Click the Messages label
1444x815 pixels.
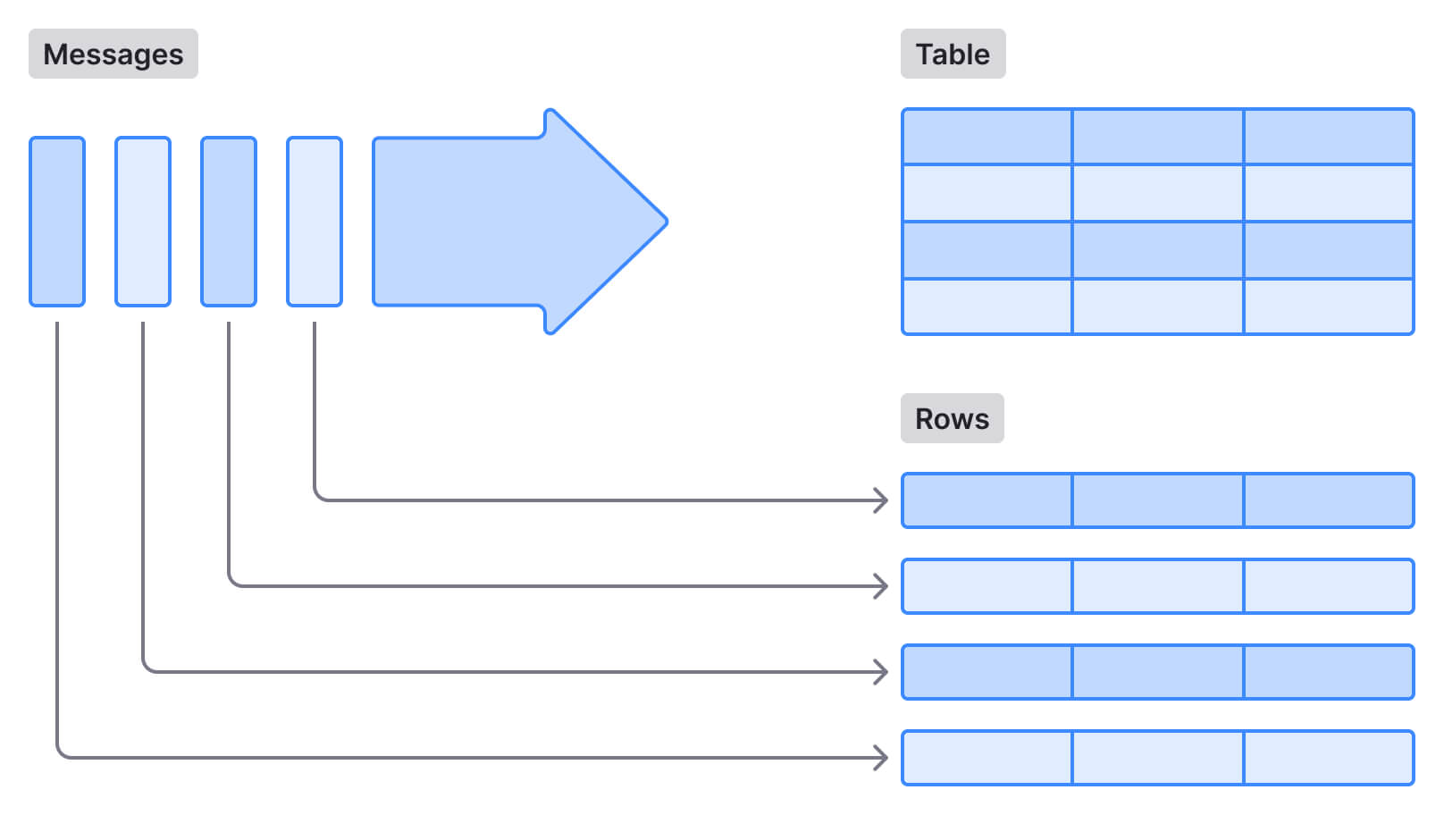click(113, 54)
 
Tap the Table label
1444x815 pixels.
click(953, 54)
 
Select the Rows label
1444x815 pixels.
click(952, 418)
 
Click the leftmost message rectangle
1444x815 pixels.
click(57, 222)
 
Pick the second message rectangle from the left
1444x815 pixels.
click(143, 222)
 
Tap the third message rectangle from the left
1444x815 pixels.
click(229, 222)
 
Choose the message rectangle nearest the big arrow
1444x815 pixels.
click(315, 222)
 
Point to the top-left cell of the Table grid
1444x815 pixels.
click(987, 137)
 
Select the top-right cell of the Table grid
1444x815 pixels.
click(1329, 137)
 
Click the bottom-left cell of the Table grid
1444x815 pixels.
click(987, 307)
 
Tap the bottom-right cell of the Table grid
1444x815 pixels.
click(1329, 307)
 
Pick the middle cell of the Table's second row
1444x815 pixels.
click(1157, 193)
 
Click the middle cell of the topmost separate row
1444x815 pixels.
click(1157, 500)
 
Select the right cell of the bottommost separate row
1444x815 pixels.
click(1329, 758)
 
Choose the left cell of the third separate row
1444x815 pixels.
click(987, 672)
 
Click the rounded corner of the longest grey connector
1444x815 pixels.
click(61, 753)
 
